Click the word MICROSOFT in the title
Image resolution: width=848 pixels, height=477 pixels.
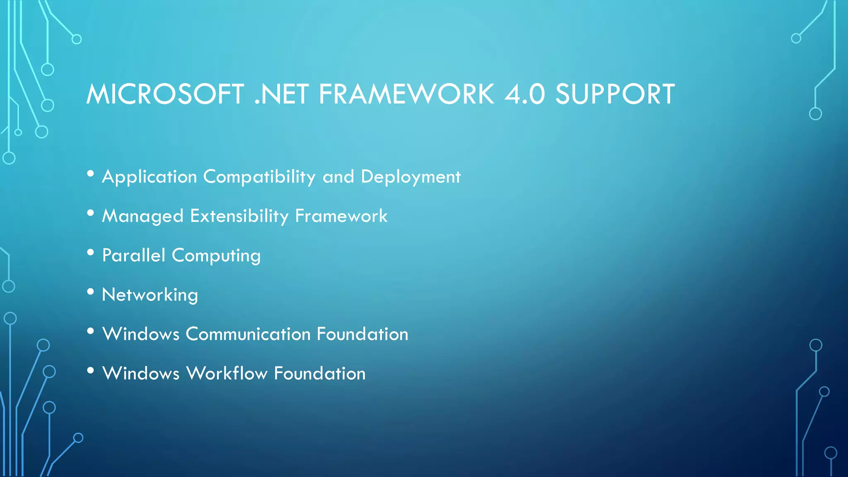coord(165,94)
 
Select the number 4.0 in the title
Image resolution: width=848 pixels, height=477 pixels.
coord(524,94)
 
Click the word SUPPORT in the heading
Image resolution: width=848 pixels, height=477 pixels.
coord(615,94)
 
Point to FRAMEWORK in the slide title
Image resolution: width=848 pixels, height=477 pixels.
coord(406,94)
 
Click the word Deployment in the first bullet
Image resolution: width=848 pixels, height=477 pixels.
coord(410,177)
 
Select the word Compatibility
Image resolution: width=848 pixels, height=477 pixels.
coord(259,177)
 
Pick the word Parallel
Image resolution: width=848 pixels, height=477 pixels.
coord(133,255)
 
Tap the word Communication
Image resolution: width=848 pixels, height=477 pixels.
coord(248,334)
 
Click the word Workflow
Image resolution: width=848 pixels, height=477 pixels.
coord(226,373)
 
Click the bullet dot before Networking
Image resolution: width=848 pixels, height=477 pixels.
coord(91,292)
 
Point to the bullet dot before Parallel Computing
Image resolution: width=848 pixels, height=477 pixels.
coord(91,253)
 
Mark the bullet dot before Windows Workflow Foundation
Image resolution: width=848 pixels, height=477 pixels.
coord(91,371)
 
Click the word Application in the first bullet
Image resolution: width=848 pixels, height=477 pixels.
coord(149,177)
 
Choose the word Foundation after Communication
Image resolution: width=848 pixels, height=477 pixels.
coord(362,334)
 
